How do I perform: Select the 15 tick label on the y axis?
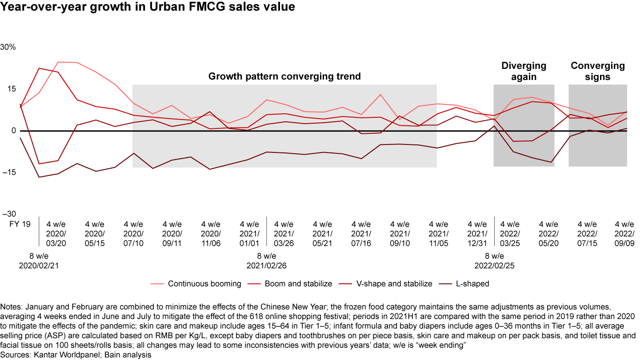[12, 89]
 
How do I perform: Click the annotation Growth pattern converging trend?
[284, 76]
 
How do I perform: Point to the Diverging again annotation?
[524, 71]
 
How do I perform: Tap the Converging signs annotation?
[597, 71]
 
